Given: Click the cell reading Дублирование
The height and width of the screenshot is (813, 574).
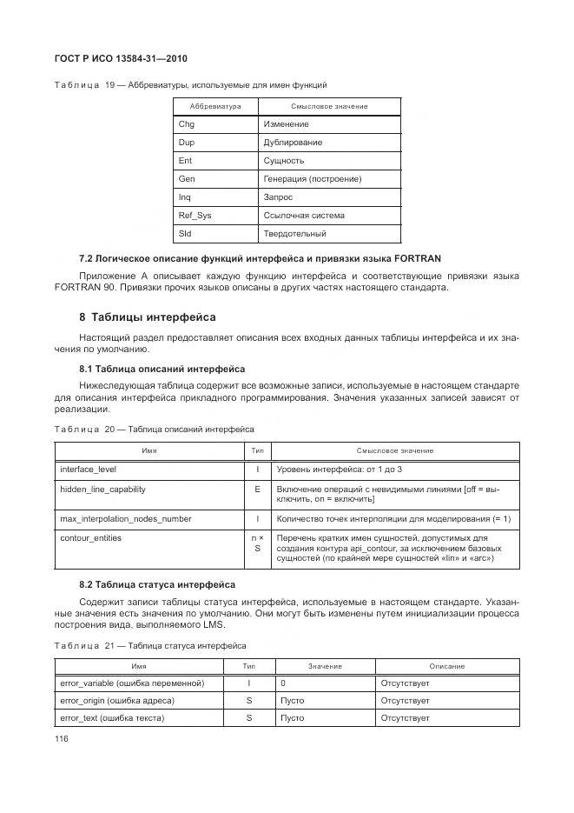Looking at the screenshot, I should (293, 143).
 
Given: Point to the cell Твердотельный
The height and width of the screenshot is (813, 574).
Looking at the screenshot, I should (294, 234).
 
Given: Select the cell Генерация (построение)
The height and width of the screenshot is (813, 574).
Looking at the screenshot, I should (312, 179).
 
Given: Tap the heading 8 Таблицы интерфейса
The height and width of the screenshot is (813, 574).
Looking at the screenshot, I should (147, 317).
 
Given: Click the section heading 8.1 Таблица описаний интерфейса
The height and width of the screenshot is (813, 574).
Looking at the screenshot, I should (162, 369).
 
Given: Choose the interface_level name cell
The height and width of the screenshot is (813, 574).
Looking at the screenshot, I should (93, 470).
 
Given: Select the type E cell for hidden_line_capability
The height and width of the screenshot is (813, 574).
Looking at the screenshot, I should (257, 490).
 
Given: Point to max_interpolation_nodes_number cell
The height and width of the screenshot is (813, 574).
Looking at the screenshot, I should (125, 519).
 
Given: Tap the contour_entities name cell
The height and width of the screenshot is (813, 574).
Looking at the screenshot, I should (90, 538).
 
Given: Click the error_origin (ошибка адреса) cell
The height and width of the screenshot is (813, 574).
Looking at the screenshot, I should (117, 701).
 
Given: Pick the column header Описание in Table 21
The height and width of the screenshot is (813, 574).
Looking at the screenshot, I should (446, 666).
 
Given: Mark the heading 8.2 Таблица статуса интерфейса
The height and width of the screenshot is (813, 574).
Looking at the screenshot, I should (156, 584).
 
